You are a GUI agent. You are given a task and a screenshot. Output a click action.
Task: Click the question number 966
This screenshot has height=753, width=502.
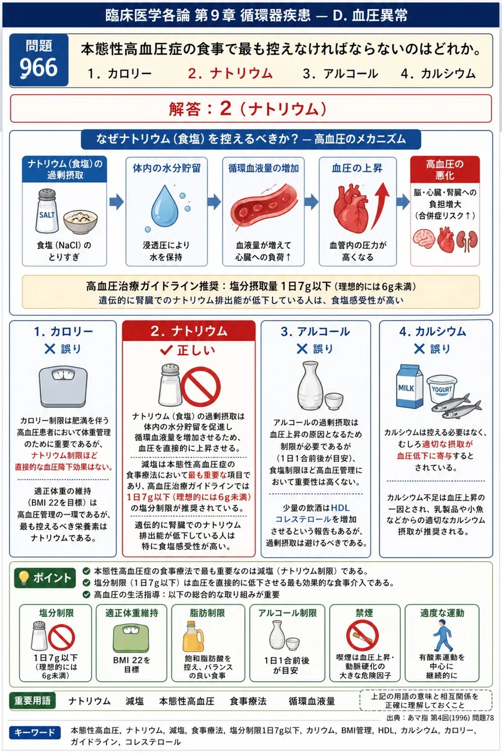pos(39,68)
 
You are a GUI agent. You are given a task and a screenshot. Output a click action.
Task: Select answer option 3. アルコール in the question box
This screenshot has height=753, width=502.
pos(340,74)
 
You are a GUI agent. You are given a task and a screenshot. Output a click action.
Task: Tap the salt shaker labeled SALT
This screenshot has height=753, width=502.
pos(46,211)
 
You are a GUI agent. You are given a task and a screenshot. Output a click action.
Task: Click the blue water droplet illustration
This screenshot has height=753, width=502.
pos(164,205)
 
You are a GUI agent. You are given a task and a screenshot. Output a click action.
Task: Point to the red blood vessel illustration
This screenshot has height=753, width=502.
pos(264,206)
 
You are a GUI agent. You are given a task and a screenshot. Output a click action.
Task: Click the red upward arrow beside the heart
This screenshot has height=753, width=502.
pos(380,205)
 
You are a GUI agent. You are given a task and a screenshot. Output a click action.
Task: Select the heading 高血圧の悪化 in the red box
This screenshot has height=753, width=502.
pos(444,169)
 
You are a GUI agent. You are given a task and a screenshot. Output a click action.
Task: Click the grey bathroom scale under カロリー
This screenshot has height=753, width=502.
pos(63,387)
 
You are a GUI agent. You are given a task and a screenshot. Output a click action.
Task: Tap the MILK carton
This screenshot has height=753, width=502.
pos(410,387)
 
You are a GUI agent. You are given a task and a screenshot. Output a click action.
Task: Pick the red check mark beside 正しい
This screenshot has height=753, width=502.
pos(166,350)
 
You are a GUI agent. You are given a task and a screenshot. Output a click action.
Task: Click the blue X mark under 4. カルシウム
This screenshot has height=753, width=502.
pos(419,349)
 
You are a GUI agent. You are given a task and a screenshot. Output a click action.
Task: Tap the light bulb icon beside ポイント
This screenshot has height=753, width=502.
pos(24,578)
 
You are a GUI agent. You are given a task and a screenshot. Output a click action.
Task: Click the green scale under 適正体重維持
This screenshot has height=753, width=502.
pos(131,638)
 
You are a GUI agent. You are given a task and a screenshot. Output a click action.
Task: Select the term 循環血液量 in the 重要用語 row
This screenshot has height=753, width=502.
pos(312,701)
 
